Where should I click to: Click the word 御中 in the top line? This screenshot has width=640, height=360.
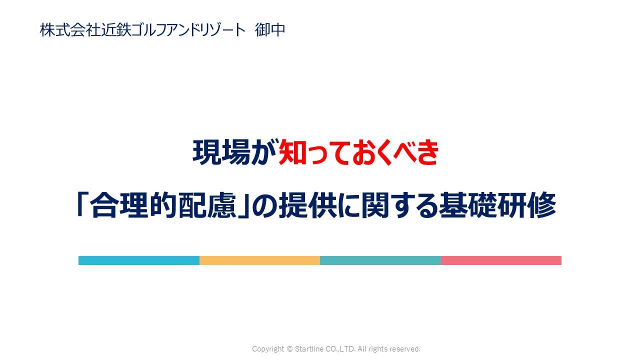[x=270, y=29]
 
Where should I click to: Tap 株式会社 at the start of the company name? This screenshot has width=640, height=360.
[x=70, y=29]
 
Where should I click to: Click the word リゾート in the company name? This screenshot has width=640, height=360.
[x=221, y=29]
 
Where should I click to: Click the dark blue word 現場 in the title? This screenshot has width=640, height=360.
[x=221, y=152]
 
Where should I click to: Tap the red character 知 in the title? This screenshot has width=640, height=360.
[x=292, y=152]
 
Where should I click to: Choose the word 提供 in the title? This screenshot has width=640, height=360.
[x=307, y=205]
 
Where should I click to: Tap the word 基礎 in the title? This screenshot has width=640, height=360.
[x=468, y=205]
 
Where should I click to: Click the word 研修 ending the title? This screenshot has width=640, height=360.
[x=527, y=205]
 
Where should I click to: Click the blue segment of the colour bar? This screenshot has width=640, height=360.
[x=139, y=260]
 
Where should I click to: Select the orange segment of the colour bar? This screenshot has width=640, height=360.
[x=259, y=260]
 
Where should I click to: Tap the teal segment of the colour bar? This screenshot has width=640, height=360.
[x=380, y=260]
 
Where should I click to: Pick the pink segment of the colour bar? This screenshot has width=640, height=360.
[x=501, y=260]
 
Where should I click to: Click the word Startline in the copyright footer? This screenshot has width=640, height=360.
[x=308, y=349]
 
